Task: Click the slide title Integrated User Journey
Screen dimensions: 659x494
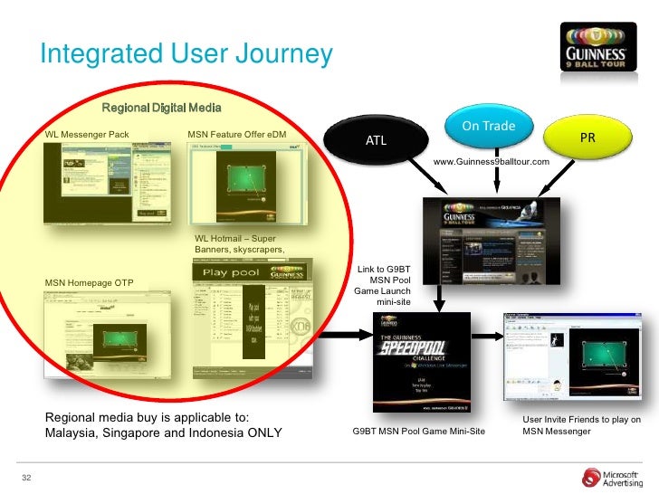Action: [186, 54]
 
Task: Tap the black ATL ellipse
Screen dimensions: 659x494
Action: [376, 141]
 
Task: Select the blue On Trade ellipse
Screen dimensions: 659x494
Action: [489, 126]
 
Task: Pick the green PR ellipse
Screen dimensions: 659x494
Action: [587, 139]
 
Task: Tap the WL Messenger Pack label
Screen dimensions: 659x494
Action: [88, 135]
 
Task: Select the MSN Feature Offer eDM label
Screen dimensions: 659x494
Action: [238, 135]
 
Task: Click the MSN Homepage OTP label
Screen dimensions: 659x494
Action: [90, 283]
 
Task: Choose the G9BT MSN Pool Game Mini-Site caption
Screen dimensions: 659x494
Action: [418, 432]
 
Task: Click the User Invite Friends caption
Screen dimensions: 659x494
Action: [582, 425]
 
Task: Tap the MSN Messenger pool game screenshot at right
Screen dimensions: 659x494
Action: [572, 358]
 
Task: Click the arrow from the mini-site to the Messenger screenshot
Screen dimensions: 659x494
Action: [486, 339]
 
